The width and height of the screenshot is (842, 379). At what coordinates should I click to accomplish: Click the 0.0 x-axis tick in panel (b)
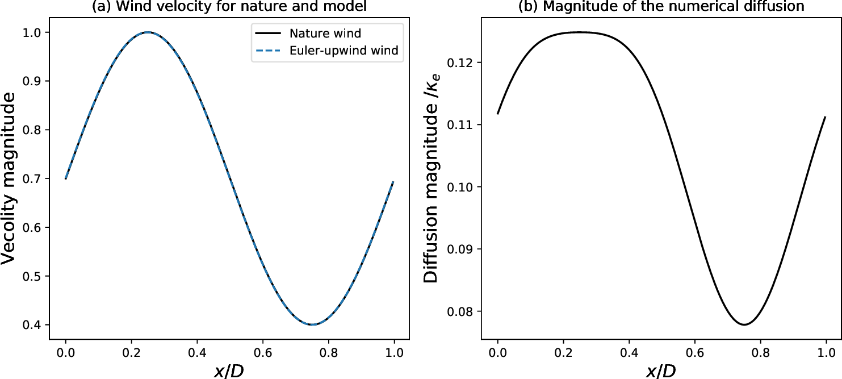(x=498, y=352)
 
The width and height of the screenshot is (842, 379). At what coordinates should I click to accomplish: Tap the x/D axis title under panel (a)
(x=229, y=370)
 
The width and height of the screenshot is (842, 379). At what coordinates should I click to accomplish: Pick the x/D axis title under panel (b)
(x=661, y=370)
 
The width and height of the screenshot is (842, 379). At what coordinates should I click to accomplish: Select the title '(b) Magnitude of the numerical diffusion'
(x=662, y=7)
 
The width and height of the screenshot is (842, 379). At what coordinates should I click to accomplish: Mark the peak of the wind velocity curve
(x=148, y=32)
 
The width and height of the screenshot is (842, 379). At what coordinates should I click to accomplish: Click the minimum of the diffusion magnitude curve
(x=744, y=324)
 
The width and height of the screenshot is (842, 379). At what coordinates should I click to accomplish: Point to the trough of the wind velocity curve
(x=312, y=324)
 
